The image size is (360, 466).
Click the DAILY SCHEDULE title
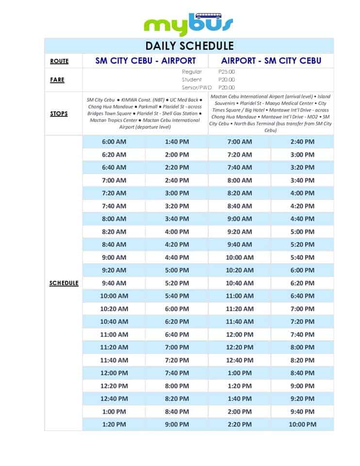pos(189,46)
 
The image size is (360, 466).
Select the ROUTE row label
pos(59,61)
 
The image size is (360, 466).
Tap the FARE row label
pos(57,80)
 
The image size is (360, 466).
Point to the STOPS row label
pos(59,114)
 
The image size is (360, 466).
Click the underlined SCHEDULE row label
pos(64,283)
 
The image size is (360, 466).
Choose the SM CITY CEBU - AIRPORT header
pos(146,61)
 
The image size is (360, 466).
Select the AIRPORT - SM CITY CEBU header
pos(271,61)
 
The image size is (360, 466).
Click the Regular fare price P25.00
pos(227,72)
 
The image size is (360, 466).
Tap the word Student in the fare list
pos(192,80)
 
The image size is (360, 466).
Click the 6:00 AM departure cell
pos(114,142)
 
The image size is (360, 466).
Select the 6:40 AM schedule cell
pos(114,167)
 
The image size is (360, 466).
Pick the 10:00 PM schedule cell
pos(302,424)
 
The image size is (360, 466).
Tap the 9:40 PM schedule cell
pos(302,412)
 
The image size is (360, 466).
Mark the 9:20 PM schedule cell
pos(302,399)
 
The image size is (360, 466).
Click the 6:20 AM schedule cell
pos(114,154)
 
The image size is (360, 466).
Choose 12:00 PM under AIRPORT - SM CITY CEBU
pos(240,334)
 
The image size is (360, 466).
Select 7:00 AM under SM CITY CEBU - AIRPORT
pos(114,180)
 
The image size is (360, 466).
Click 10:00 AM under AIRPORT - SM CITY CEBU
pos(240,257)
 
